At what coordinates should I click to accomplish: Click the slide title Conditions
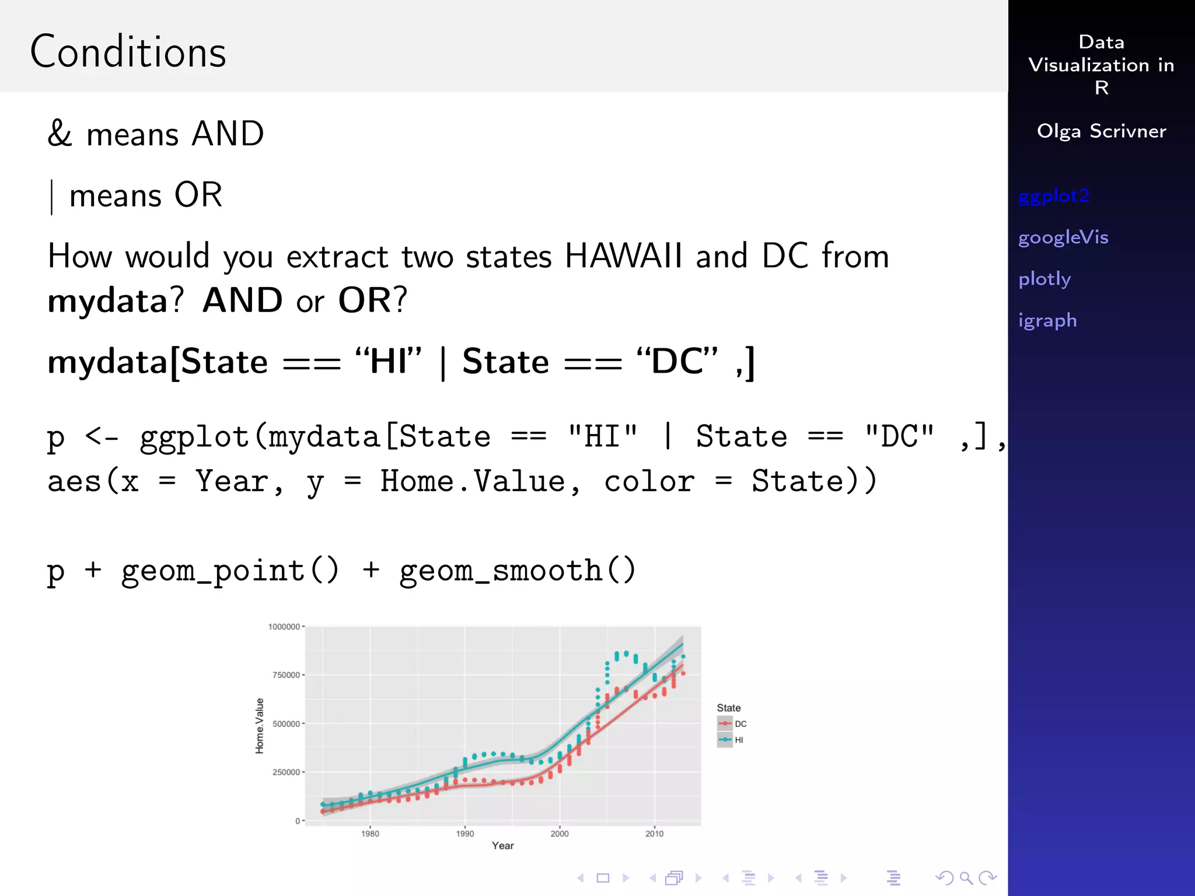click(x=128, y=52)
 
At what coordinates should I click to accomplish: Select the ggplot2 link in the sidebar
click(x=1054, y=197)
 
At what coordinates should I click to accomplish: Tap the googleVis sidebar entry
click(x=1063, y=237)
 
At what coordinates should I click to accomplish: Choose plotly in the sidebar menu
click(x=1044, y=279)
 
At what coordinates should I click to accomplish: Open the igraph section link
click(x=1047, y=321)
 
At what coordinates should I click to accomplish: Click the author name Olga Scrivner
click(x=1101, y=131)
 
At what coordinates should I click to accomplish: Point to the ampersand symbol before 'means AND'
click(x=60, y=134)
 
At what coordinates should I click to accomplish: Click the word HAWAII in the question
click(x=623, y=256)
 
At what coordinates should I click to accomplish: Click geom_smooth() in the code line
click(x=517, y=570)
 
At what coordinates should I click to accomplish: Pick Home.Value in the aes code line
click(x=473, y=482)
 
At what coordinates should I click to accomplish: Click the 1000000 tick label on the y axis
click(x=284, y=626)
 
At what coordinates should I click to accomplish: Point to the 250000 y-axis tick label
click(x=286, y=772)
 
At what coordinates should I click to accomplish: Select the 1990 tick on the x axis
click(x=465, y=834)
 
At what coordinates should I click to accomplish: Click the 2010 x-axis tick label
click(x=654, y=834)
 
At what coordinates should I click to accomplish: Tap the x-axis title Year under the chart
click(x=502, y=846)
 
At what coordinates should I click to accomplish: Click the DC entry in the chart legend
click(x=740, y=724)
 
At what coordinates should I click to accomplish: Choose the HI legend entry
click(x=739, y=740)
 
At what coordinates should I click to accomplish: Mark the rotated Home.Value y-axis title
click(x=260, y=726)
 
